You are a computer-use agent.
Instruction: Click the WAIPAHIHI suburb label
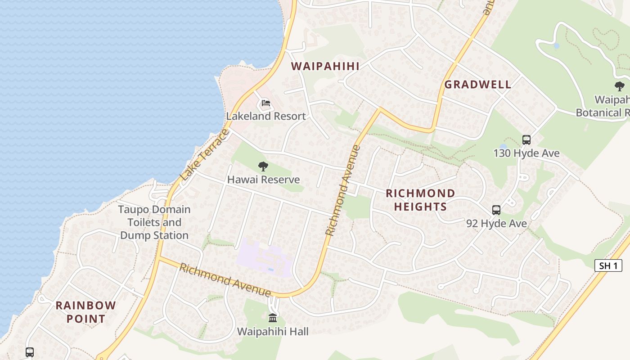coord(325,67)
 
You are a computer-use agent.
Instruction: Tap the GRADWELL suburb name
coord(478,85)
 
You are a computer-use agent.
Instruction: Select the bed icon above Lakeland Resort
coord(266,104)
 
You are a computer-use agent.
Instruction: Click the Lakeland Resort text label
coord(266,116)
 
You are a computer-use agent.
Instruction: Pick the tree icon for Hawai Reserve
coord(263,167)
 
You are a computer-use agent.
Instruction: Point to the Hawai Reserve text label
coord(263,180)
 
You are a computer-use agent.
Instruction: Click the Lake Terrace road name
coord(204,155)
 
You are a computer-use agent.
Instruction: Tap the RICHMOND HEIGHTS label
coord(420,200)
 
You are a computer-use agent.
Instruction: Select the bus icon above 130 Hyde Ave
coord(526,140)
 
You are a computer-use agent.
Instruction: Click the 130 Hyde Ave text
coord(526,153)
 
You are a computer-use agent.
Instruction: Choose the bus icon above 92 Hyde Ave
coord(496,210)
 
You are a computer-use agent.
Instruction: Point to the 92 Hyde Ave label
coord(496,223)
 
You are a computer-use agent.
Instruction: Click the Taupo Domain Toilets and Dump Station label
coord(154,222)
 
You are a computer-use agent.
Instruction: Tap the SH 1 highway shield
coord(608,265)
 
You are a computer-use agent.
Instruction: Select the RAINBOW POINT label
coord(85,312)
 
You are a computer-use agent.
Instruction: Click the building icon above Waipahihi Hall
coord(273,318)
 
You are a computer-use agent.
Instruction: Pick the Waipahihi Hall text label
coord(273,332)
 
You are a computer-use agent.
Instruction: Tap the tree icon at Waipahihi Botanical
coord(620,86)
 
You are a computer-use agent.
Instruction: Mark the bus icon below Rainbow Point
coord(30,352)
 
